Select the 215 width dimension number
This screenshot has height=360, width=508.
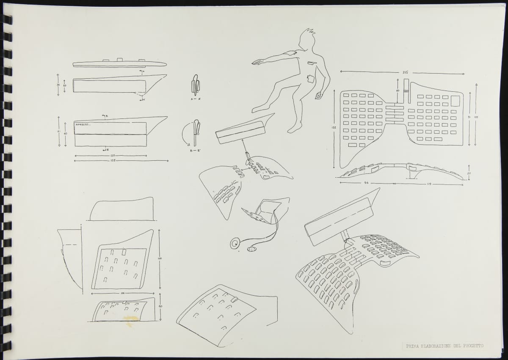[405, 72]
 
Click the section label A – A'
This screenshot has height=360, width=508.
[195, 98]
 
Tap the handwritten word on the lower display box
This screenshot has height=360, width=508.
[84, 125]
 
